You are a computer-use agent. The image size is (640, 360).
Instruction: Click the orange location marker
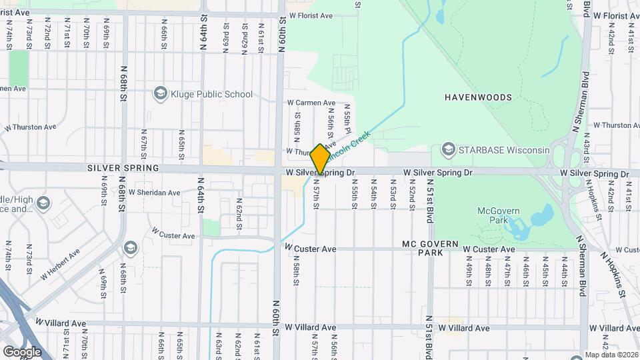coord(320,159)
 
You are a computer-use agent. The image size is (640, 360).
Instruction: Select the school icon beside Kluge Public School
coord(159,94)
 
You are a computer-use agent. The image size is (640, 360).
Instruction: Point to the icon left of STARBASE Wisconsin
coord(449,149)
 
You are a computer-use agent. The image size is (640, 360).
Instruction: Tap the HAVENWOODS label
coord(479,97)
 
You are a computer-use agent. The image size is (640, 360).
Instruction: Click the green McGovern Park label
coord(494,216)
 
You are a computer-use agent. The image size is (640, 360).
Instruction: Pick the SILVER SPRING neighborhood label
coord(123,168)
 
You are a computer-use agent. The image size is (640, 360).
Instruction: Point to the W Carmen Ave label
coord(311,103)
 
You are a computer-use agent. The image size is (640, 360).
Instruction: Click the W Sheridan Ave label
coord(155,193)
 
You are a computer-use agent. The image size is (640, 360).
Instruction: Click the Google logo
coord(22,351)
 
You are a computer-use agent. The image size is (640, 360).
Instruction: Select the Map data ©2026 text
coord(612,355)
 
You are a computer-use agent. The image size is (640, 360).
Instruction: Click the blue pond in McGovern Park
coord(544,216)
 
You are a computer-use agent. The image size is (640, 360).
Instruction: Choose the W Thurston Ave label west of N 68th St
coord(30,126)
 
